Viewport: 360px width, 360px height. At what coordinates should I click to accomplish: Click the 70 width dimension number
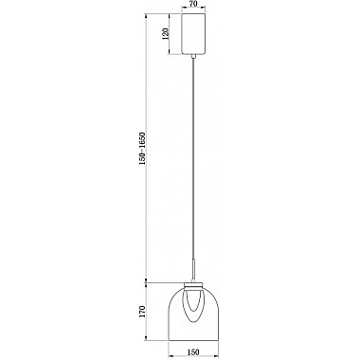(193, 5)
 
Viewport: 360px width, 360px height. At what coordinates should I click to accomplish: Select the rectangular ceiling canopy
(193, 35)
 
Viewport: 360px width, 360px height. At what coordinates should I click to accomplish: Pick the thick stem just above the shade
(193, 269)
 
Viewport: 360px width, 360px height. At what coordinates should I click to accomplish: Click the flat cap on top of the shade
(193, 282)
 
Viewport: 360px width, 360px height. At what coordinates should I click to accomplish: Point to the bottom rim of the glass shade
(193, 337)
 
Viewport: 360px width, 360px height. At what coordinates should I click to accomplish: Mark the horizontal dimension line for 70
(193, 11)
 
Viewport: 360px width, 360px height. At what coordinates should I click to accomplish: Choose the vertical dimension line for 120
(174, 35)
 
